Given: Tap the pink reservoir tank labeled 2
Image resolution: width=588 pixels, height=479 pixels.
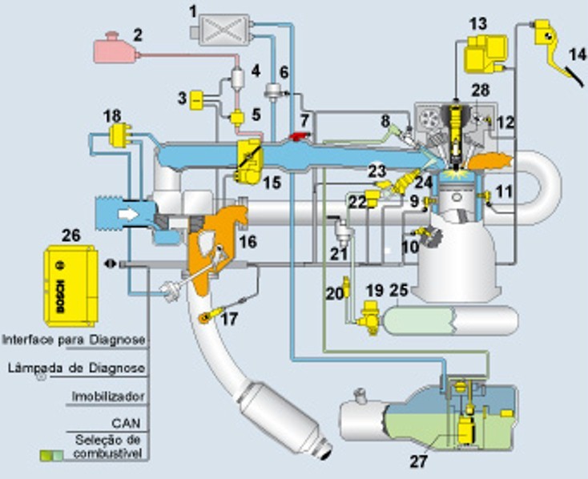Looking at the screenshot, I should tap(115, 49).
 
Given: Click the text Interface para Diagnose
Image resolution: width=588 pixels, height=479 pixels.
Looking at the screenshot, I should tap(73, 340).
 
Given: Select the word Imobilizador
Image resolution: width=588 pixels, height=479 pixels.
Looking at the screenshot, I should tap(108, 396).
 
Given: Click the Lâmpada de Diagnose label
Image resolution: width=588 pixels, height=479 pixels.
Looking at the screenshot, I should tap(77, 368).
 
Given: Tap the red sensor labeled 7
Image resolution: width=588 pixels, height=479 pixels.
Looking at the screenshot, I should tap(300, 139).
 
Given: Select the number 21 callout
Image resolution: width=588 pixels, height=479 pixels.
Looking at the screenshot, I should tap(339, 256).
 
